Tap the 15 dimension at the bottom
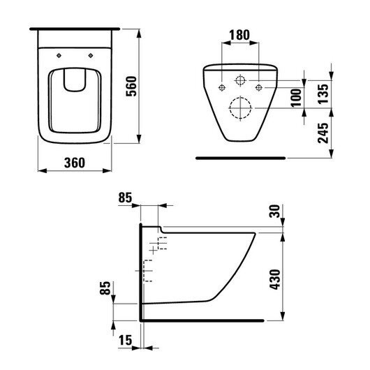pyautogui.click(x=126, y=340)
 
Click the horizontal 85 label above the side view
pyautogui.click(x=126, y=198)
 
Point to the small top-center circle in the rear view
pyautogui.click(x=240, y=79)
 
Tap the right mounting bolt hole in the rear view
pyautogui.click(x=258, y=87)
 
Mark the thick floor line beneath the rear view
pyautogui.click(x=240, y=158)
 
